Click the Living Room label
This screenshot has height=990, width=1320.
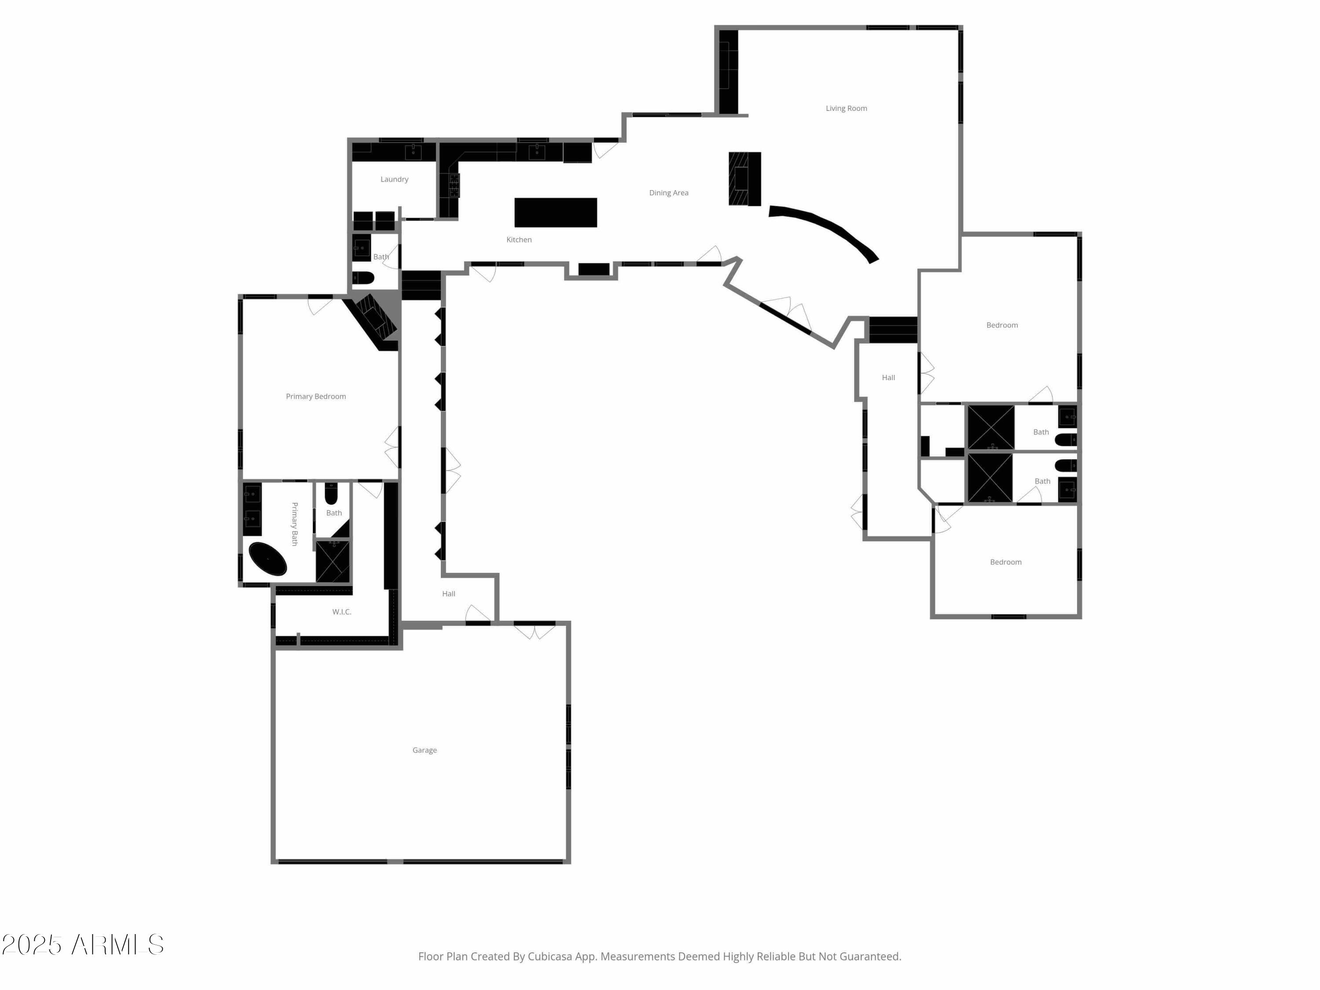(x=846, y=108)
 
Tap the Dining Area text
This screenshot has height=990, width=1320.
(x=668, y=193)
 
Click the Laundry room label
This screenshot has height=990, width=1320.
(x=394, y=179)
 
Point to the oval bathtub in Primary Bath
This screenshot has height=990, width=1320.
(x=268, y=559)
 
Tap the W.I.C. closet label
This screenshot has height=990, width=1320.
(x=341, y=612)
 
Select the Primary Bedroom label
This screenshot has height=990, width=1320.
(x=315, y=396)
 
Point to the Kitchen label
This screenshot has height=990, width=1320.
(x=519, y=239)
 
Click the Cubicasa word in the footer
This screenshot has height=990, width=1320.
(x=550, y=957)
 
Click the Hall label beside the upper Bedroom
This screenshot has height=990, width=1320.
(x=888, y=377)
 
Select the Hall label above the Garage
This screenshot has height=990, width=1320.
(x=448, y=594)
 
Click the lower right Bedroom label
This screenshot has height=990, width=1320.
(x=1005, y=562)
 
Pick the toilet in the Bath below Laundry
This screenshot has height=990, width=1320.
(x=362, y=278)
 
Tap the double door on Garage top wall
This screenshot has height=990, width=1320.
(x=534, y=631)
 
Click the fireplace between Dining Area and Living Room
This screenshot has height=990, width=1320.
(x=744, y=179)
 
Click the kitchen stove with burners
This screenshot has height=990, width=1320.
(x=454, y=185)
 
